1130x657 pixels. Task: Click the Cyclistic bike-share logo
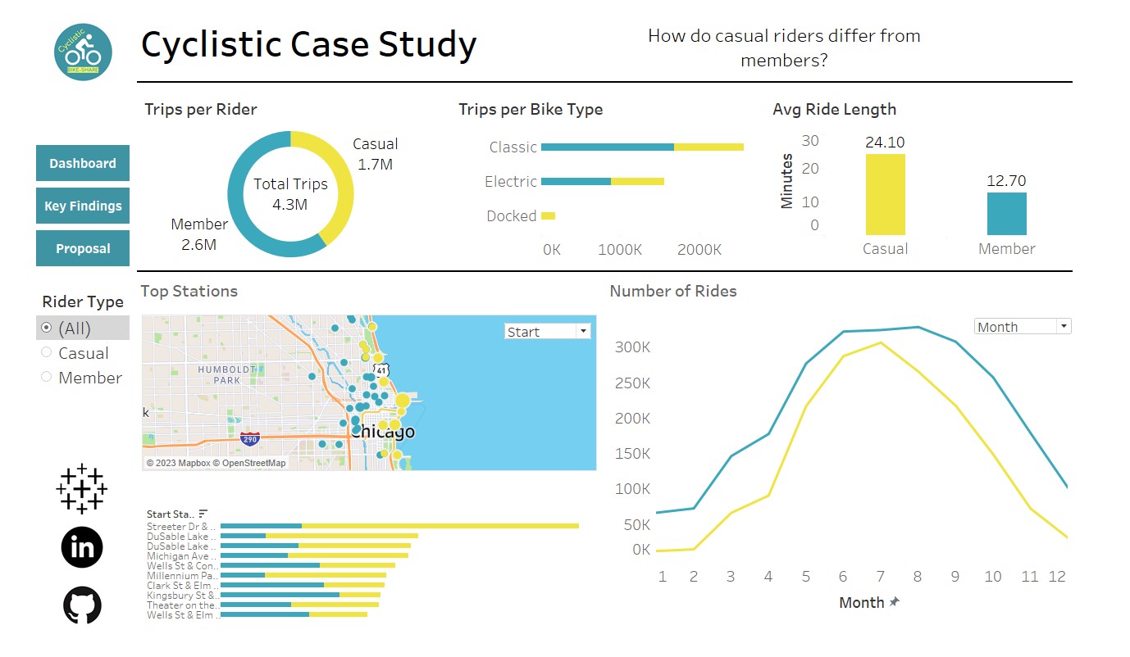point(83,52)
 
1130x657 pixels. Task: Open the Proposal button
point(83,248)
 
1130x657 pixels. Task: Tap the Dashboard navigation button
point(83,163)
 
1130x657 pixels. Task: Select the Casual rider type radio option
point(47,353)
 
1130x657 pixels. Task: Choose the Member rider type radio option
point(47,378)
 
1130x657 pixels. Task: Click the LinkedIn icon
point(82,546)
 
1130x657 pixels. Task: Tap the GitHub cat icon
point(82,605)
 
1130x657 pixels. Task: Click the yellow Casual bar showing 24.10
point(885,195)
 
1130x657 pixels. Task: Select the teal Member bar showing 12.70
point(1006,214)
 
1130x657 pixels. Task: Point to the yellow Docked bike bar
point(548,216)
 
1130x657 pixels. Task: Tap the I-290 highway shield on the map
point(250,439)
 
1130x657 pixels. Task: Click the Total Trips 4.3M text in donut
point(290,194)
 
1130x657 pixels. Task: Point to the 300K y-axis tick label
point(632,347)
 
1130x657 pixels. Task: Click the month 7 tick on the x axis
point(880,577)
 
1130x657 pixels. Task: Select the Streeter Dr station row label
point(181,526)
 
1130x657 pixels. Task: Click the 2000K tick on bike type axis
point(699,249)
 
